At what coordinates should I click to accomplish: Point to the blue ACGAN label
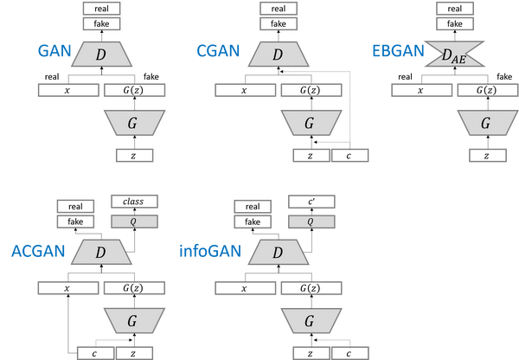coord(38,252)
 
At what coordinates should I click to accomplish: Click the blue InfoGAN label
coord(211,252)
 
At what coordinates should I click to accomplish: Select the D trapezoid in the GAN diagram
coord(102,55)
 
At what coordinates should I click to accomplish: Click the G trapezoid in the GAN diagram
coord(133,123)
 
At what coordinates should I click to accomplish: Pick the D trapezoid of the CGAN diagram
coord(278,55)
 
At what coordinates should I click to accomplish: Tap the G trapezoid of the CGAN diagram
coord(310,123)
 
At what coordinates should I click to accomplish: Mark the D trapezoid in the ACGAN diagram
coord(101,253)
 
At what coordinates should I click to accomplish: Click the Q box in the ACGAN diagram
coord(134,222)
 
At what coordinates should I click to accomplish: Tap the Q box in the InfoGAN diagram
coord(311,222)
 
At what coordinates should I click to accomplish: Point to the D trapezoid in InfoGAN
coord(278,253)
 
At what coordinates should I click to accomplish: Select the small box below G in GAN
coord(134,155)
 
